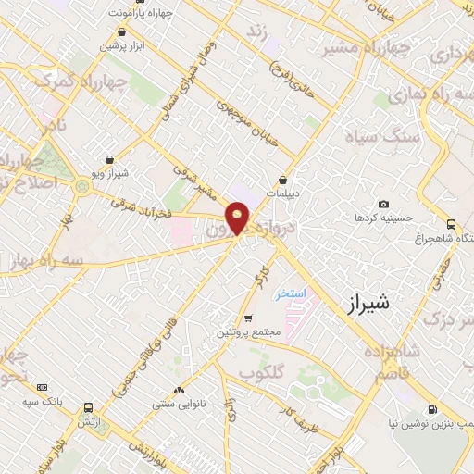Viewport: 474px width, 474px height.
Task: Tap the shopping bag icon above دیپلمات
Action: pyautogui.click(x=283, y=180)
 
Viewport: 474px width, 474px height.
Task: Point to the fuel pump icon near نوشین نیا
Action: pyautogui.click(x=431, y=410)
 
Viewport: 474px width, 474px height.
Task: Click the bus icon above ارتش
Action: pyautogui.click(x=89, y=407)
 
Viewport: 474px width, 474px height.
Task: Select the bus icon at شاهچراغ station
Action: pyautogui.click(x=451, y=223)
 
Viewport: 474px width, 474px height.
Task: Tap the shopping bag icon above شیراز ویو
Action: pyautogui.click(x=110, y=159)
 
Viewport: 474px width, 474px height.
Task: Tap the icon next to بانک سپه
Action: pyautogui.click(x=43, y=387)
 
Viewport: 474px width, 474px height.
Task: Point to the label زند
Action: pyautogui.click(x=256, y=32)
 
